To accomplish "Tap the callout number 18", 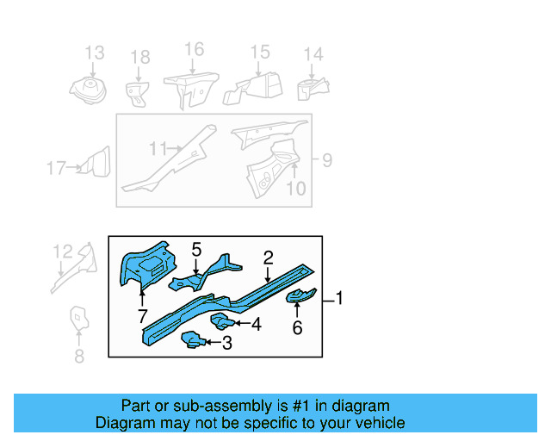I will coord(139,58).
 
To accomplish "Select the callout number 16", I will coord(195,49).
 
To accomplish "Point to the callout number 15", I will coord(260,53).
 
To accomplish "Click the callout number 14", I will coord(313,55).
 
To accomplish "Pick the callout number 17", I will coord(55,168).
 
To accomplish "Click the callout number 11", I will coord(157,149).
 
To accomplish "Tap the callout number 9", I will coord(325,159).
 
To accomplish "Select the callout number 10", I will coord(295,188).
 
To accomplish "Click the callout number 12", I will coord(63,252).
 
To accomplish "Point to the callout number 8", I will coord(79,355).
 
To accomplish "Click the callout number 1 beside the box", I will coord(339,299).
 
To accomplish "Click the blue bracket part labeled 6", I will coord(300,298).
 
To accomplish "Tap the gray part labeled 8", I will coord(78,320).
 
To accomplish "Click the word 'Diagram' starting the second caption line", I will coord(126,423).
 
